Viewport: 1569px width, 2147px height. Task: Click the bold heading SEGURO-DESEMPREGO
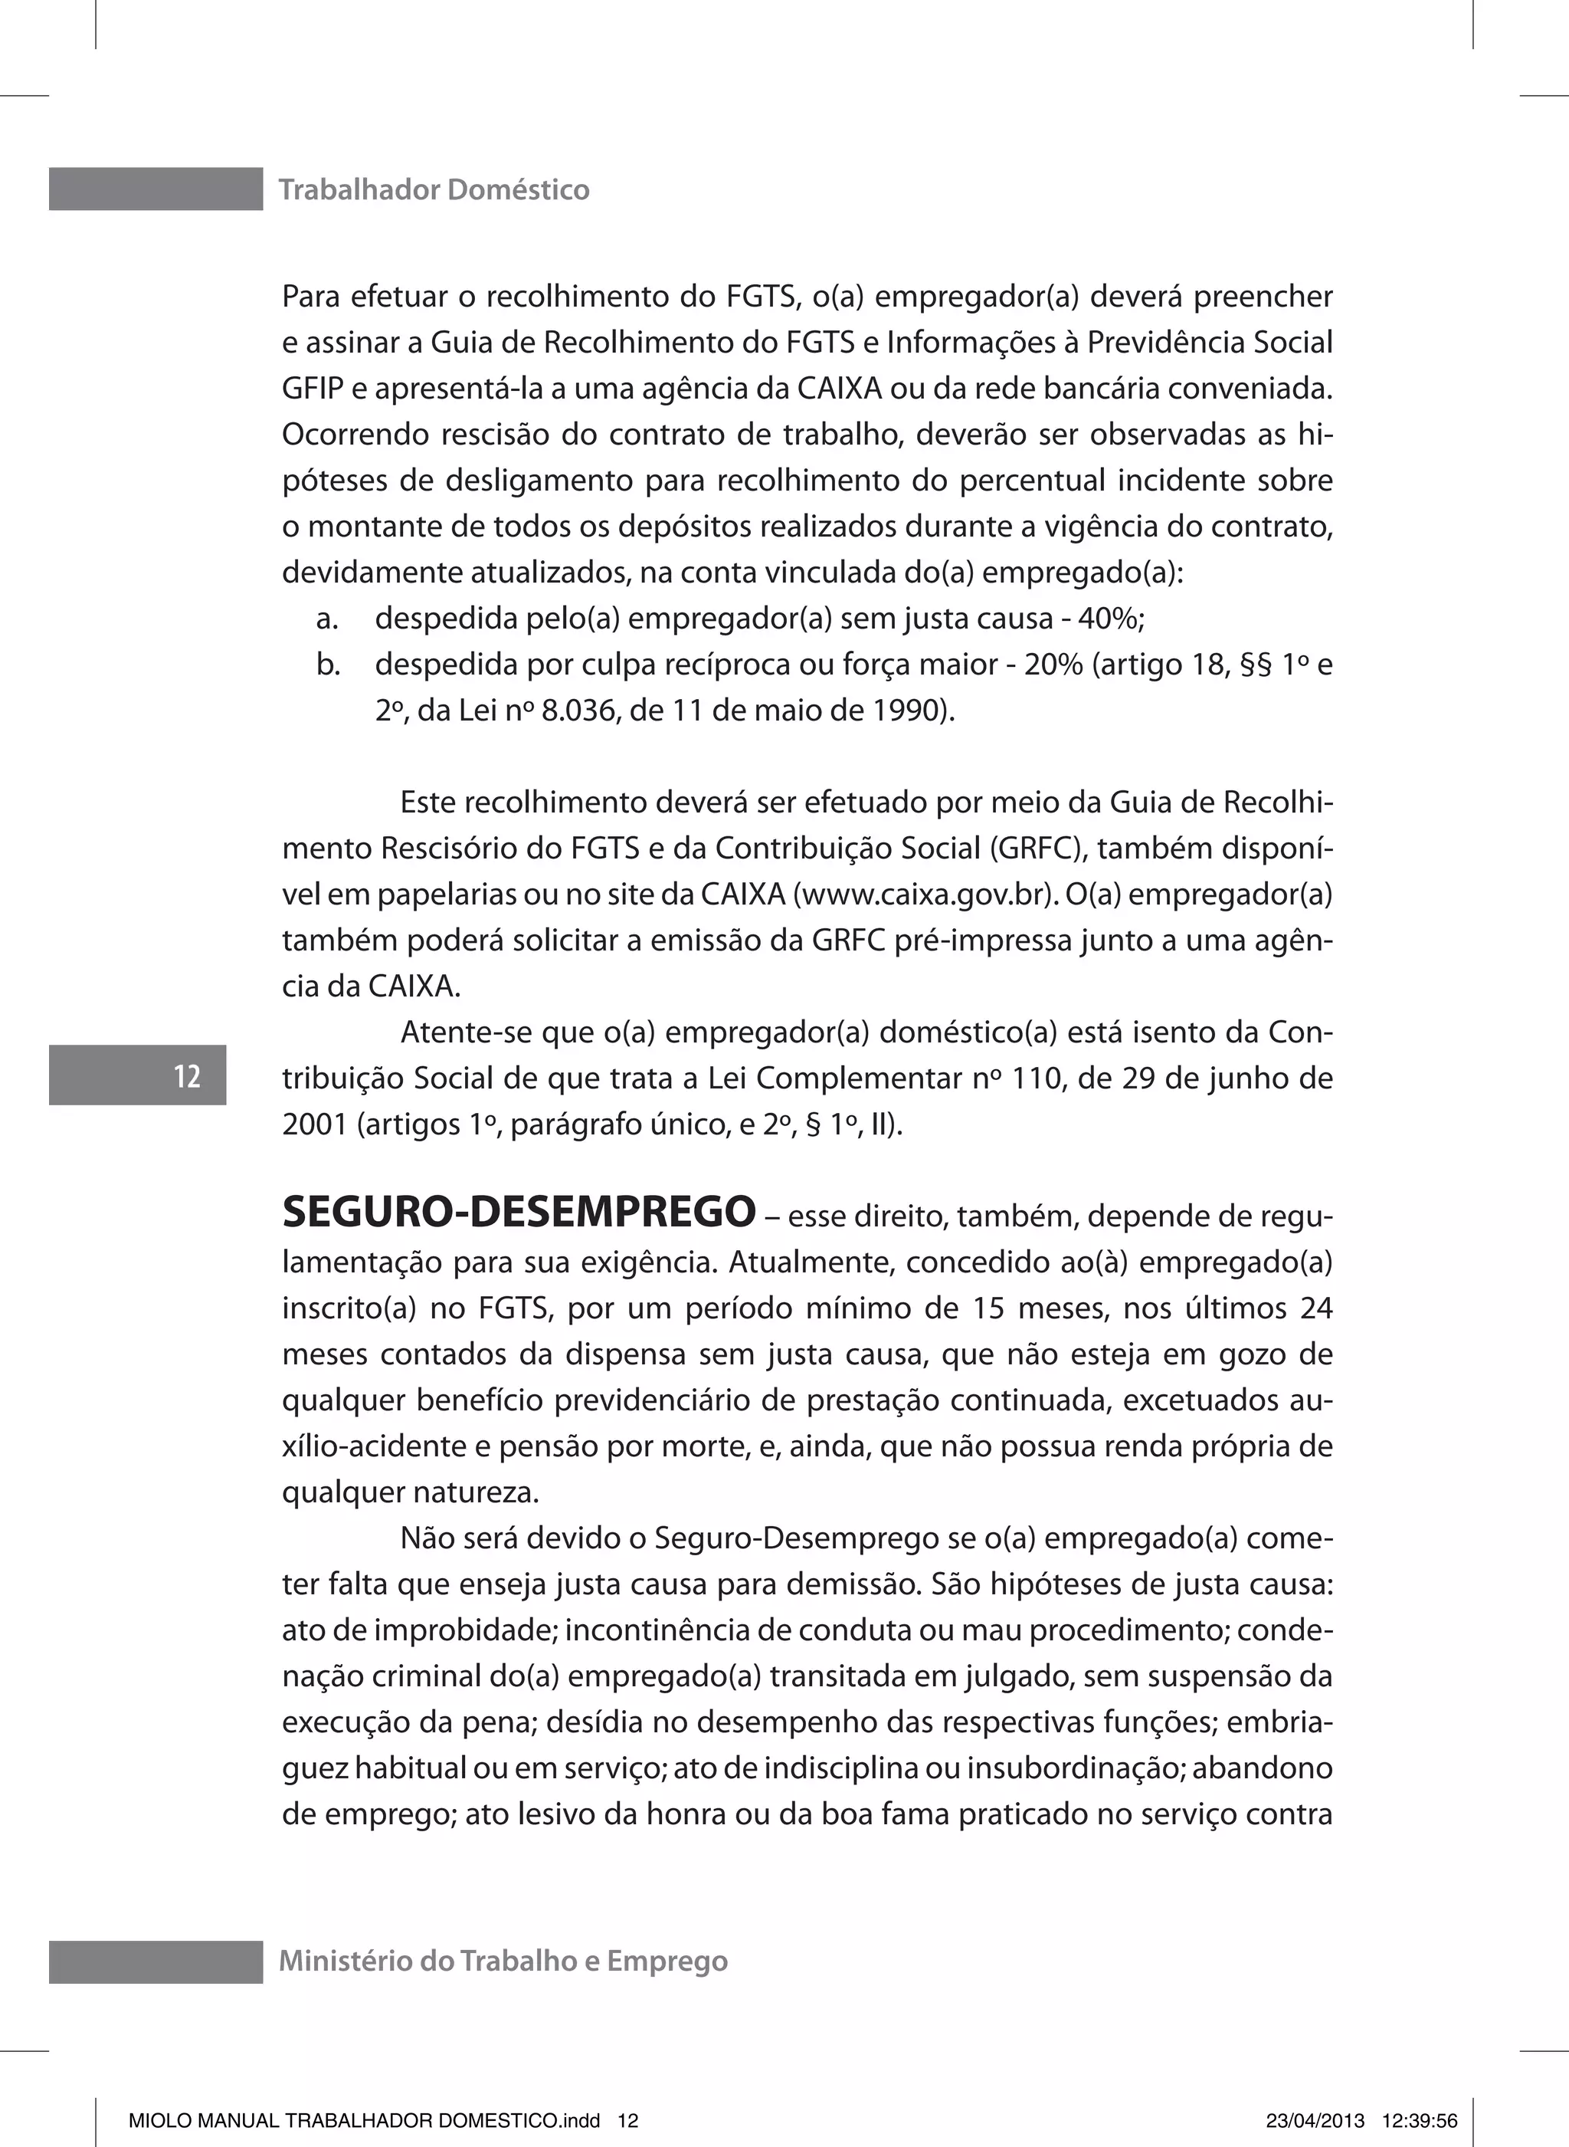[519, 1212]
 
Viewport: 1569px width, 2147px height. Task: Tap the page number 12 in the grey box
[187, 1076]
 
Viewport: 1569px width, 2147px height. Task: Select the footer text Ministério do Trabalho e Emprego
[503, 1961]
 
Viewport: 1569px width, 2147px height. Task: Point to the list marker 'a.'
[328, 619]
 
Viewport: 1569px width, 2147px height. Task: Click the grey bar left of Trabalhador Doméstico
[156, 189]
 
